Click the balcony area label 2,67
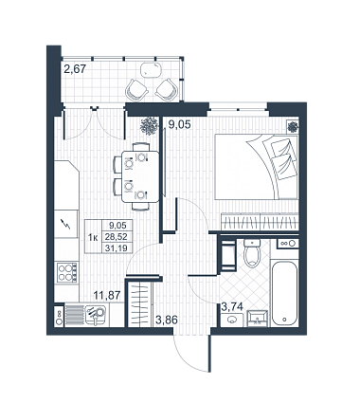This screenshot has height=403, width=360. (75, 68)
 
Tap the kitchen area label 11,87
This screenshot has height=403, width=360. (107, 296)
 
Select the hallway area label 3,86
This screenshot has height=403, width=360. (167, 320)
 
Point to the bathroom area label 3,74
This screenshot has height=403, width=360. (232, 306)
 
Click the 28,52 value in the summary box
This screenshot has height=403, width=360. (117, 237)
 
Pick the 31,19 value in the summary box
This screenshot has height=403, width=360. (117, 248)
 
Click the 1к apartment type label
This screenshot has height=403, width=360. (94, 237)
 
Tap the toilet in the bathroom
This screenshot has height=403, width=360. (252, 253)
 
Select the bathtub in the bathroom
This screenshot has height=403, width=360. (284, 293)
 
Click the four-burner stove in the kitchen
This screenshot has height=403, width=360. (66, 272)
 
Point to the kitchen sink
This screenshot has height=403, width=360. (95, 314)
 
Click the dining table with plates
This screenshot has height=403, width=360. (140, 176)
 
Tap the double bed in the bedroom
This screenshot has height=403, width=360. (256, 167)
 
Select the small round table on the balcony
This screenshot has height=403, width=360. (152, 70)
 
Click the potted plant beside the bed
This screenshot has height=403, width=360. (293, 126)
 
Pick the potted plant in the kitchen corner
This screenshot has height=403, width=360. (149, 126)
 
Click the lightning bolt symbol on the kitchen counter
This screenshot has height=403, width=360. (66, 225)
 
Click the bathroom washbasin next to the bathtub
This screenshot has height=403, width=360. (258, 319)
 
